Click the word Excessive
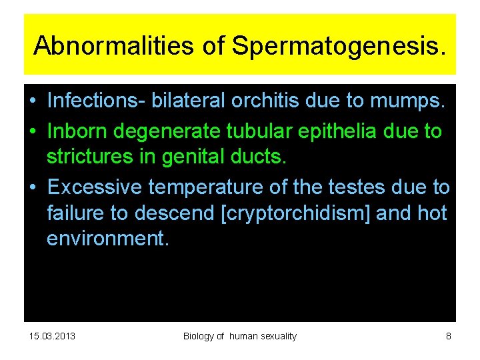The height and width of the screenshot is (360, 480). pos(94,187)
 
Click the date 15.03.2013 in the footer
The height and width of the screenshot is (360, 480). pos(53,336)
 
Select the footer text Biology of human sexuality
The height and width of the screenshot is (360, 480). pos(240,336)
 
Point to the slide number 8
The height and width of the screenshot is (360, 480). pos(449,336)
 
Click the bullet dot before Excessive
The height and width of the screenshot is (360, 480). pos(31,187)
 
